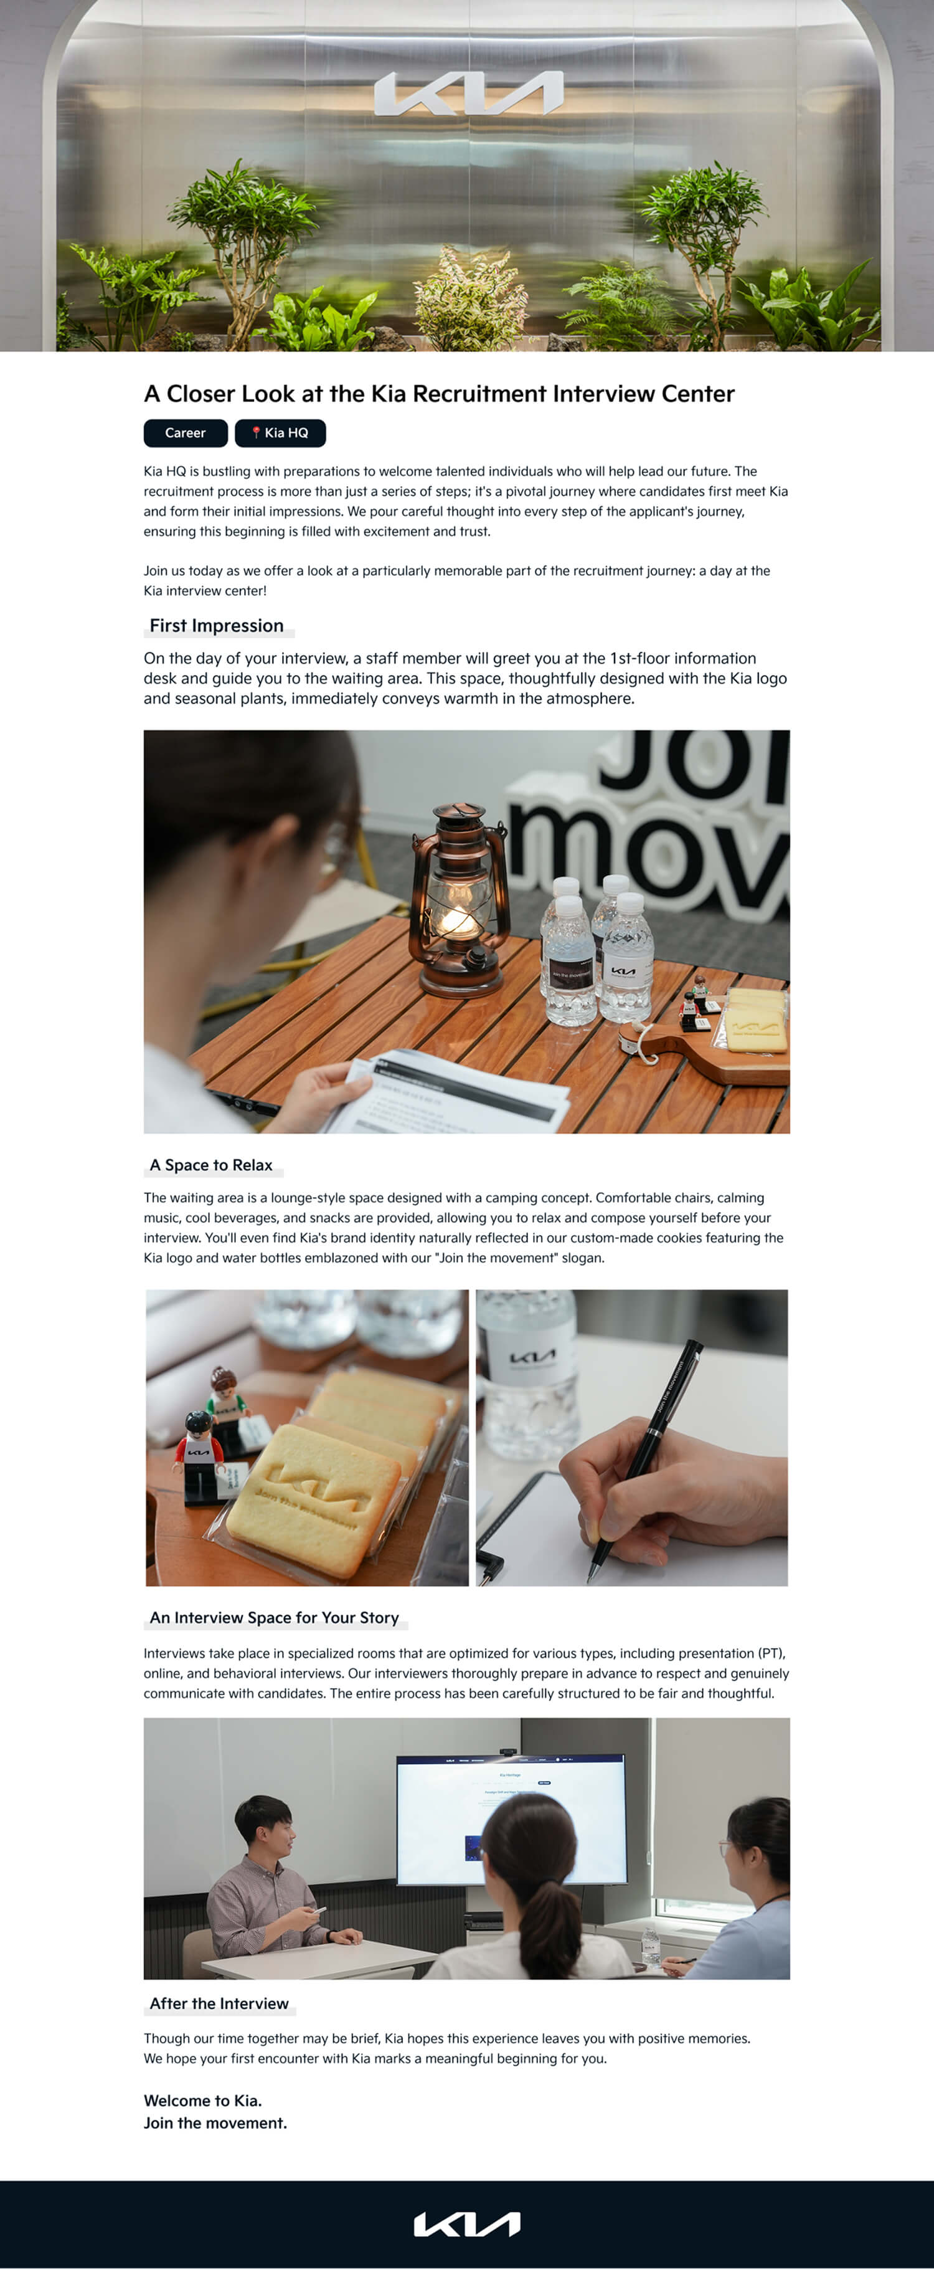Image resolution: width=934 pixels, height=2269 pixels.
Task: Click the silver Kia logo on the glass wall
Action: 468,93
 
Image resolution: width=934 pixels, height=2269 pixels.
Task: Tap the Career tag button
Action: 186,432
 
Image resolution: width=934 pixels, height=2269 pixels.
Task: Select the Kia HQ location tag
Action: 280,432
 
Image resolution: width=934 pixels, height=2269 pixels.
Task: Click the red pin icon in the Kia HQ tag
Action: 256,432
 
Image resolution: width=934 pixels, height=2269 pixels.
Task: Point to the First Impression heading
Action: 217,626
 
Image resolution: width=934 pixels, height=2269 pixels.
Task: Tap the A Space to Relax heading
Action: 211,1165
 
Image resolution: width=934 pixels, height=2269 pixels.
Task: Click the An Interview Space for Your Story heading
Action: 275,1617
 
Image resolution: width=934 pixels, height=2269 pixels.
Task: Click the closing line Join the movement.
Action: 215,2123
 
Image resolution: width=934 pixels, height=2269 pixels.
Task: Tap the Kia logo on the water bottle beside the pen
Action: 532,1357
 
